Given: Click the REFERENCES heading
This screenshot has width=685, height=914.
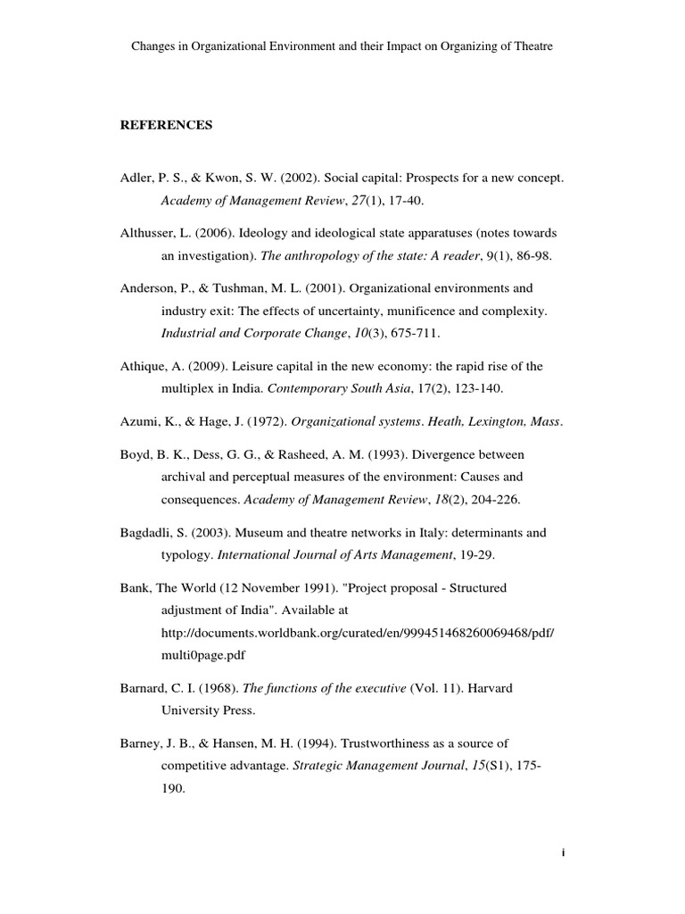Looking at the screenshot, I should click(167, 126).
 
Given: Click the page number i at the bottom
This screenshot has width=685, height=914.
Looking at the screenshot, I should click(564, 852).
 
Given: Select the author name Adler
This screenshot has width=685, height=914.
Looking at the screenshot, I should click(136, 179).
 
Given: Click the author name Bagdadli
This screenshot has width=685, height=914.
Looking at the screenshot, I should click(147, 532).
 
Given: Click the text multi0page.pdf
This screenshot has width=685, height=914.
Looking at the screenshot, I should click(202, 654).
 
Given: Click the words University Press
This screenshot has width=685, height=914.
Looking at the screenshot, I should click(208, 711).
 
